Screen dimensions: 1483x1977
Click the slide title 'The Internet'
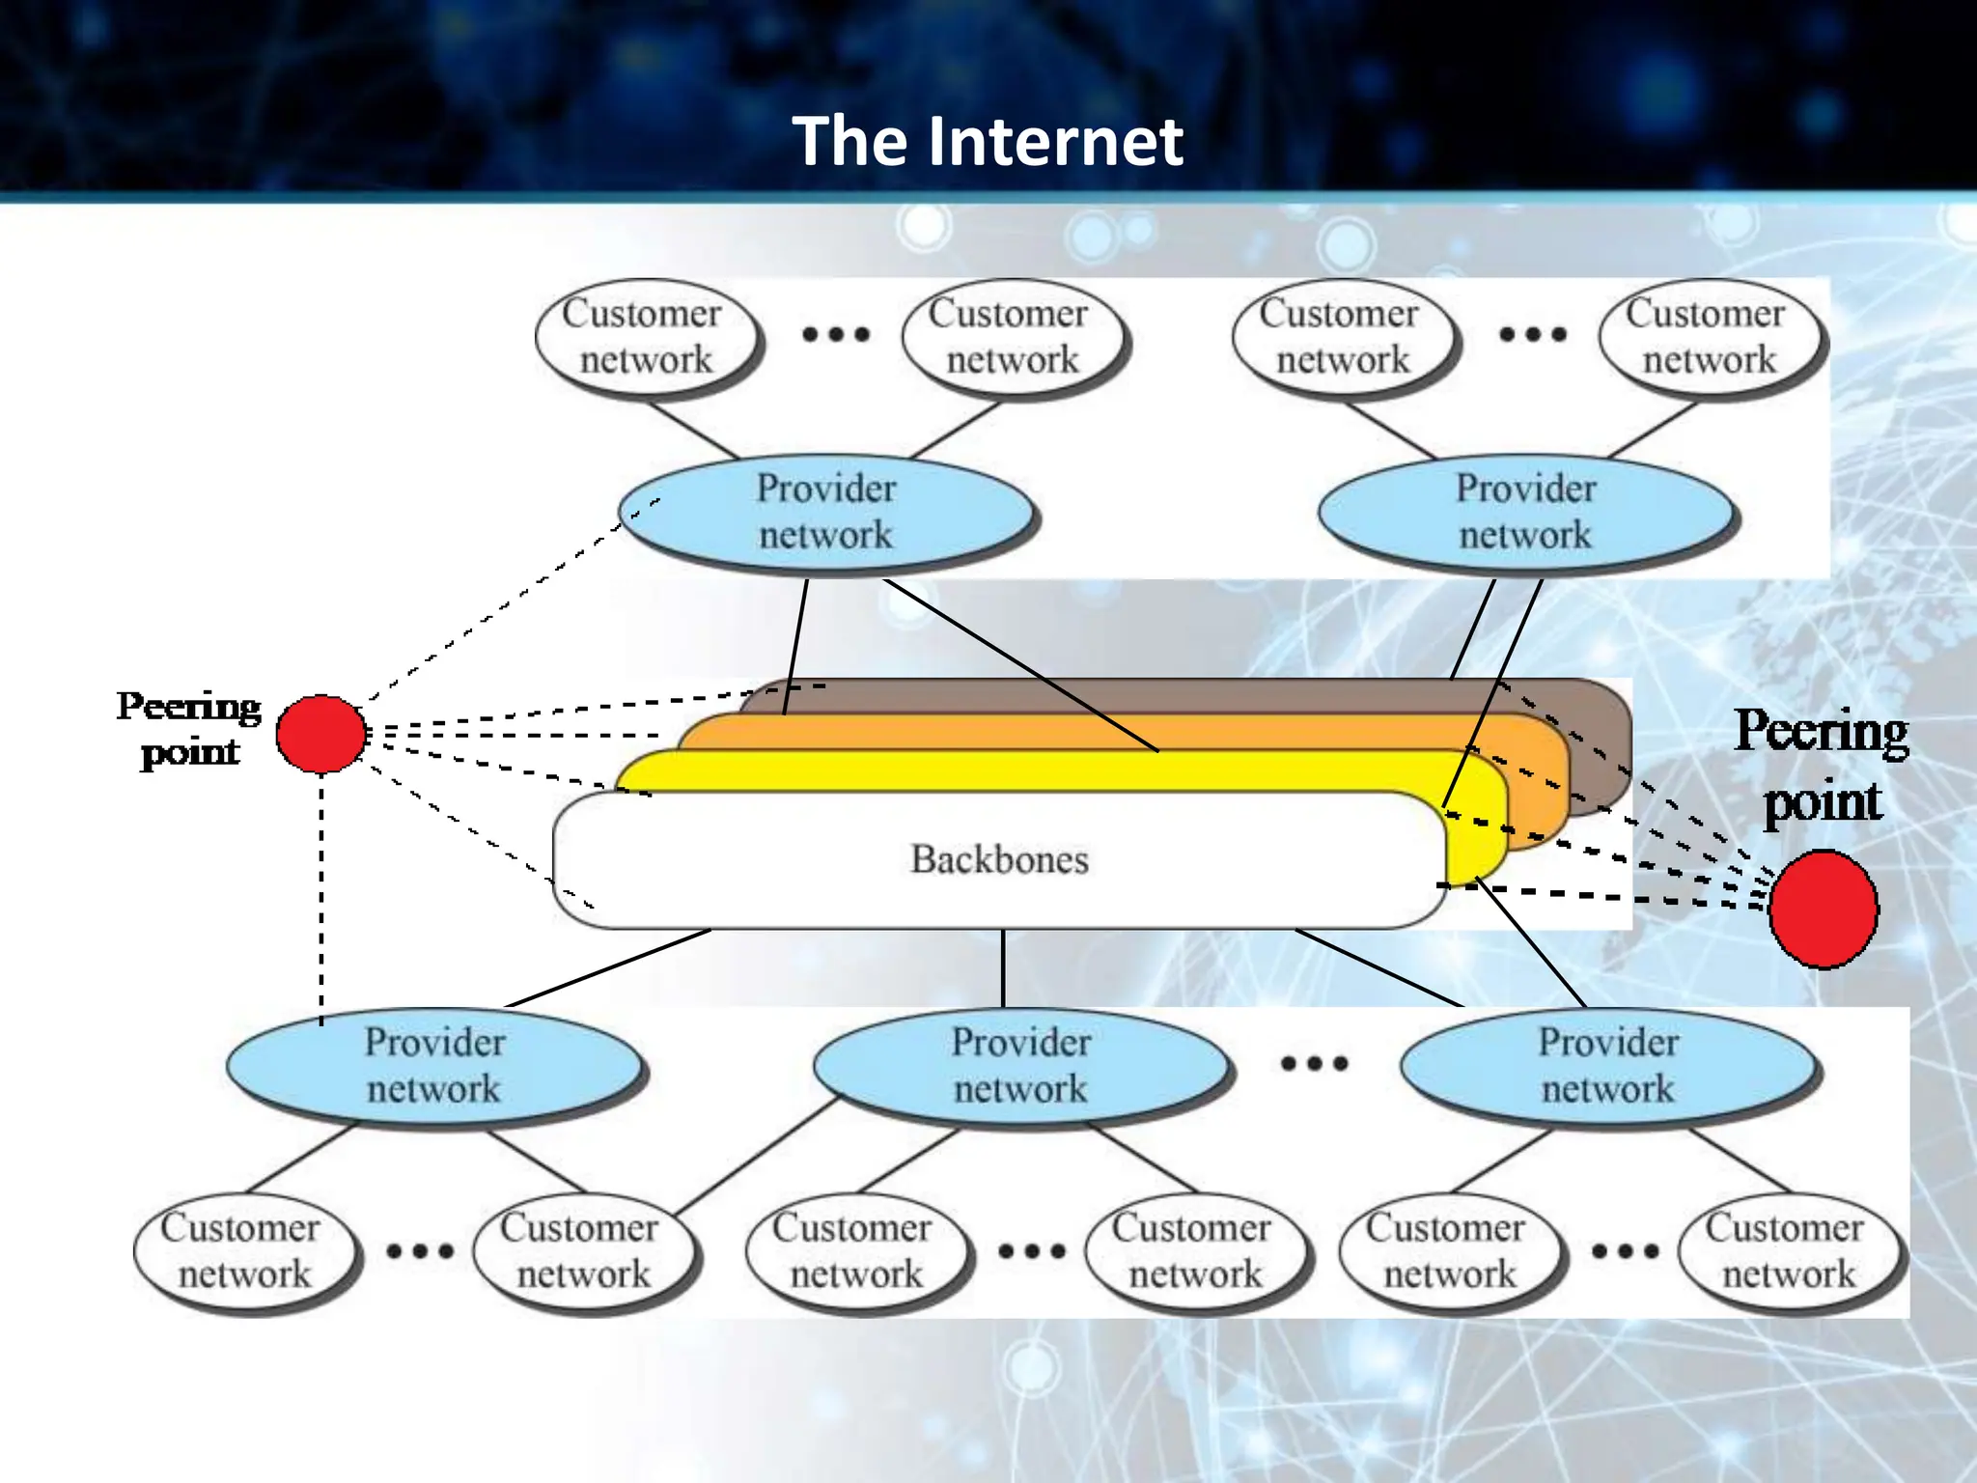988,141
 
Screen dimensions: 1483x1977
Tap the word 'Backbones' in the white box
999,859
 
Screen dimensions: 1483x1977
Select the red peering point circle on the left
321,734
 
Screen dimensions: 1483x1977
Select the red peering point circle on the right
1823,909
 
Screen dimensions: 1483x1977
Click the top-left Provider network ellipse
826,512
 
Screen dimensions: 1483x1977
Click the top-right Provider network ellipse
1525,512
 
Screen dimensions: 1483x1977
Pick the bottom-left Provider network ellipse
434,1065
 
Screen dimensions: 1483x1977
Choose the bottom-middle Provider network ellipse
1020,1065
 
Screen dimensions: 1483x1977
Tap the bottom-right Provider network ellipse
1608,1065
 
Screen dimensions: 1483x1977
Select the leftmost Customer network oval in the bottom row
243,1251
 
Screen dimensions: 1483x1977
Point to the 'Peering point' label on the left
189,729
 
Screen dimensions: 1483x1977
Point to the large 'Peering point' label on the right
1822,766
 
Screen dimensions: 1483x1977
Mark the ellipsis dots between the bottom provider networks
1314,1064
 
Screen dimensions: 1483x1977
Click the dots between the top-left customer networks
836,335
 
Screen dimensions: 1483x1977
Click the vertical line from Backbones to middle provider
1003,968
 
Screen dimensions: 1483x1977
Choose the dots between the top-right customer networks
1533,335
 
